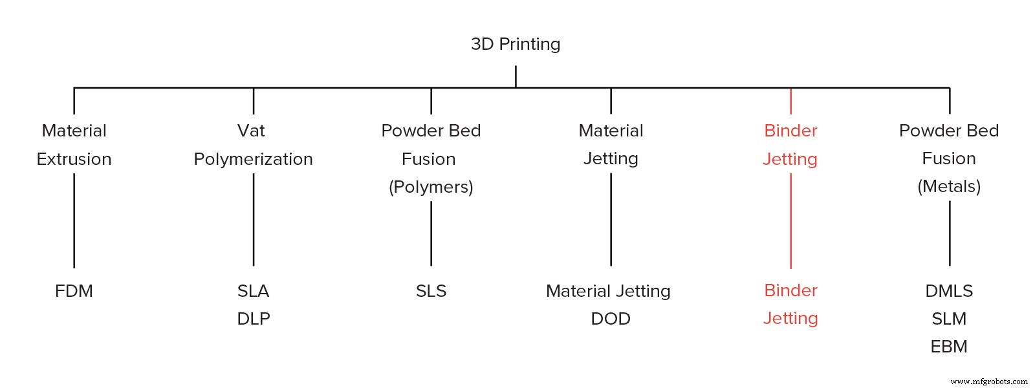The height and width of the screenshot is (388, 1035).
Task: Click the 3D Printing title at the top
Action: click(x=516, y=44)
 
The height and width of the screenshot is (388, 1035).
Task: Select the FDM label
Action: click(x=74, y=291)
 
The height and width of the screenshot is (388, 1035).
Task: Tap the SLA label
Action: click(x=253, y=291)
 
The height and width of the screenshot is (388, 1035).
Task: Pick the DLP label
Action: click(x=254, y=319)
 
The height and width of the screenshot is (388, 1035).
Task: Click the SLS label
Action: click(x=431, y=291)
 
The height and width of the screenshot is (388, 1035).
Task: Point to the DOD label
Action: click(x=611, y=319)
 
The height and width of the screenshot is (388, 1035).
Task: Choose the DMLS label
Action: click(x=949, y=291)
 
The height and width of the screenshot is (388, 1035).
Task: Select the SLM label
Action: click(x=949, y=319)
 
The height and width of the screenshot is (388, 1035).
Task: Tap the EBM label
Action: click(x=949, y=347)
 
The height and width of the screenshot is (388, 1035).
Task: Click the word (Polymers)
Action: click(x=431, y=187)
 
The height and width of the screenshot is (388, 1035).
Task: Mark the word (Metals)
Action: click(x=949, y=186)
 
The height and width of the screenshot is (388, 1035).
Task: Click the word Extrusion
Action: click(x=74, y=159)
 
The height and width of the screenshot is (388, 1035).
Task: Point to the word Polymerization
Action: click(x=253, y=159)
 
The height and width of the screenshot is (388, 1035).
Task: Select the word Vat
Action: click(x=251, y=131)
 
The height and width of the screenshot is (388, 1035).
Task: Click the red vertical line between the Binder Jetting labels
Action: click(x=790, y=220)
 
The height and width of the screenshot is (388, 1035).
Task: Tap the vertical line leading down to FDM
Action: click(x=74, y=220)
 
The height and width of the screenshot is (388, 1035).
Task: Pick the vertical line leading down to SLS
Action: click(x=431, y=233)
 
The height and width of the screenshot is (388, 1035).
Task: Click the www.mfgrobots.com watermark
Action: click(x=989, y=382)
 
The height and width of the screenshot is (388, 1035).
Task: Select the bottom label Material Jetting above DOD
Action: click(x=608, y=291)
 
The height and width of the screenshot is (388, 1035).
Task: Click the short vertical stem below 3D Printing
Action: click(x=516, y=76)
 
